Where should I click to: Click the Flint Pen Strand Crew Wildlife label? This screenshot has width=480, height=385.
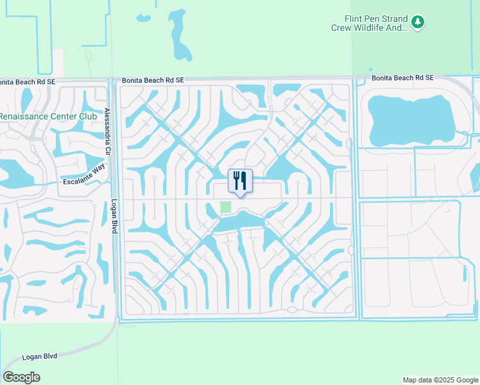pos(369,23)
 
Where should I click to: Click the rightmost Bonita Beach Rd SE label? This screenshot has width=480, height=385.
pos(403,78)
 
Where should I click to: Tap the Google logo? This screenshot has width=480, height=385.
pos(22,377)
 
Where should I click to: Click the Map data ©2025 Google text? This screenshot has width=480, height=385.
pos(440,380)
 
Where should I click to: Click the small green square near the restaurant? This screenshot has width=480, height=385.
pos(225,207)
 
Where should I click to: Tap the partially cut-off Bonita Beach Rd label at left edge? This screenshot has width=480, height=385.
pos(21,82)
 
